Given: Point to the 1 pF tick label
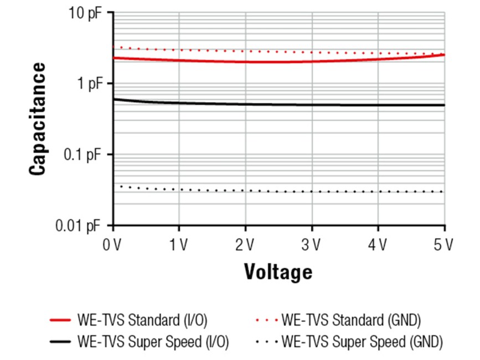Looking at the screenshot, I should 91,84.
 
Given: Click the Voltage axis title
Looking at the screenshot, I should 278,272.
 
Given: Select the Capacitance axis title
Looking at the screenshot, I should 38,119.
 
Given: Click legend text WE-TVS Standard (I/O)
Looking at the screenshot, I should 144,320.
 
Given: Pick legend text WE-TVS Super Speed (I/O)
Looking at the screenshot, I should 154,342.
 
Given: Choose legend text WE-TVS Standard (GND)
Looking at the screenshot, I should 351,320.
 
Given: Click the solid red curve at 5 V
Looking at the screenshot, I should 444,55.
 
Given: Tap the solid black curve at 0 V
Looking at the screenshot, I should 114,99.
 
